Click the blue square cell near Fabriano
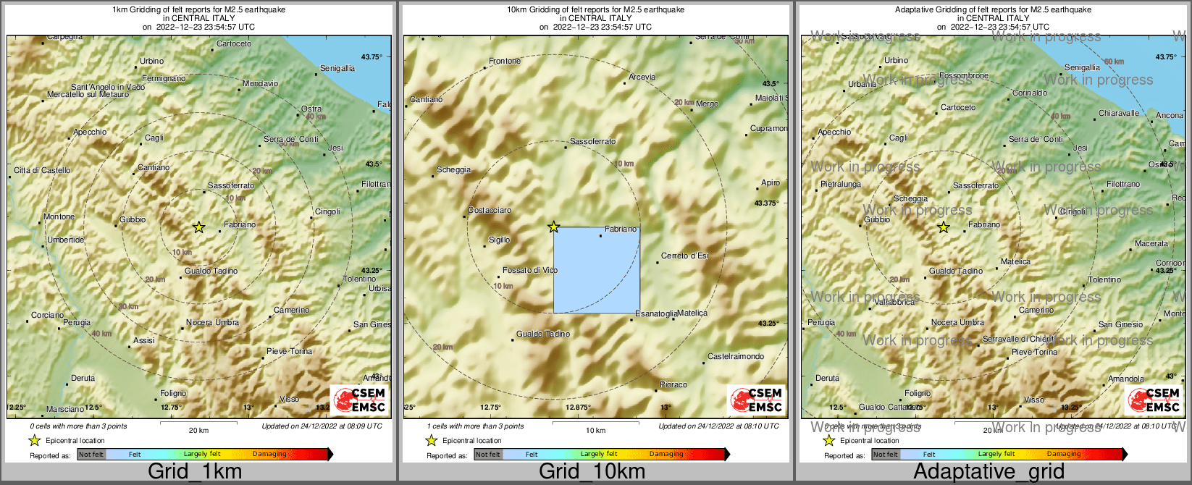click(597, 270)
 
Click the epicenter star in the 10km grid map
click(554, 227)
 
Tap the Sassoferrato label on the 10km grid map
click(593, 142)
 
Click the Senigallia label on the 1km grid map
click(337, 68)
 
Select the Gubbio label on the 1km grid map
click(133, 219)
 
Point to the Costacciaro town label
click(490, 211)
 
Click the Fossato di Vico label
click(530, 270)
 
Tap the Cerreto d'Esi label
click(684, 256)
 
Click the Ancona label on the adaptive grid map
click(1169, 116)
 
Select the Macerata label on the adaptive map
click(1151, 244)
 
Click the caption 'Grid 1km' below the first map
click(195, 472)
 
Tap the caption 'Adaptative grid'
click(989, 472)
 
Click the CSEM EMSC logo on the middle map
click(757, 400)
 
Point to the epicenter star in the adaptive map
click(944, 227)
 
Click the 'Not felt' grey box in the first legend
click(91, 455)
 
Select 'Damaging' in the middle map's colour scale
click(666, 455)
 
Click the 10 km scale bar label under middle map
click(595, 431)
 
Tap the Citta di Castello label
click(42, 171)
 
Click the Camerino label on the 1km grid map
click(291, 311)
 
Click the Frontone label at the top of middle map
click(505, 62)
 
